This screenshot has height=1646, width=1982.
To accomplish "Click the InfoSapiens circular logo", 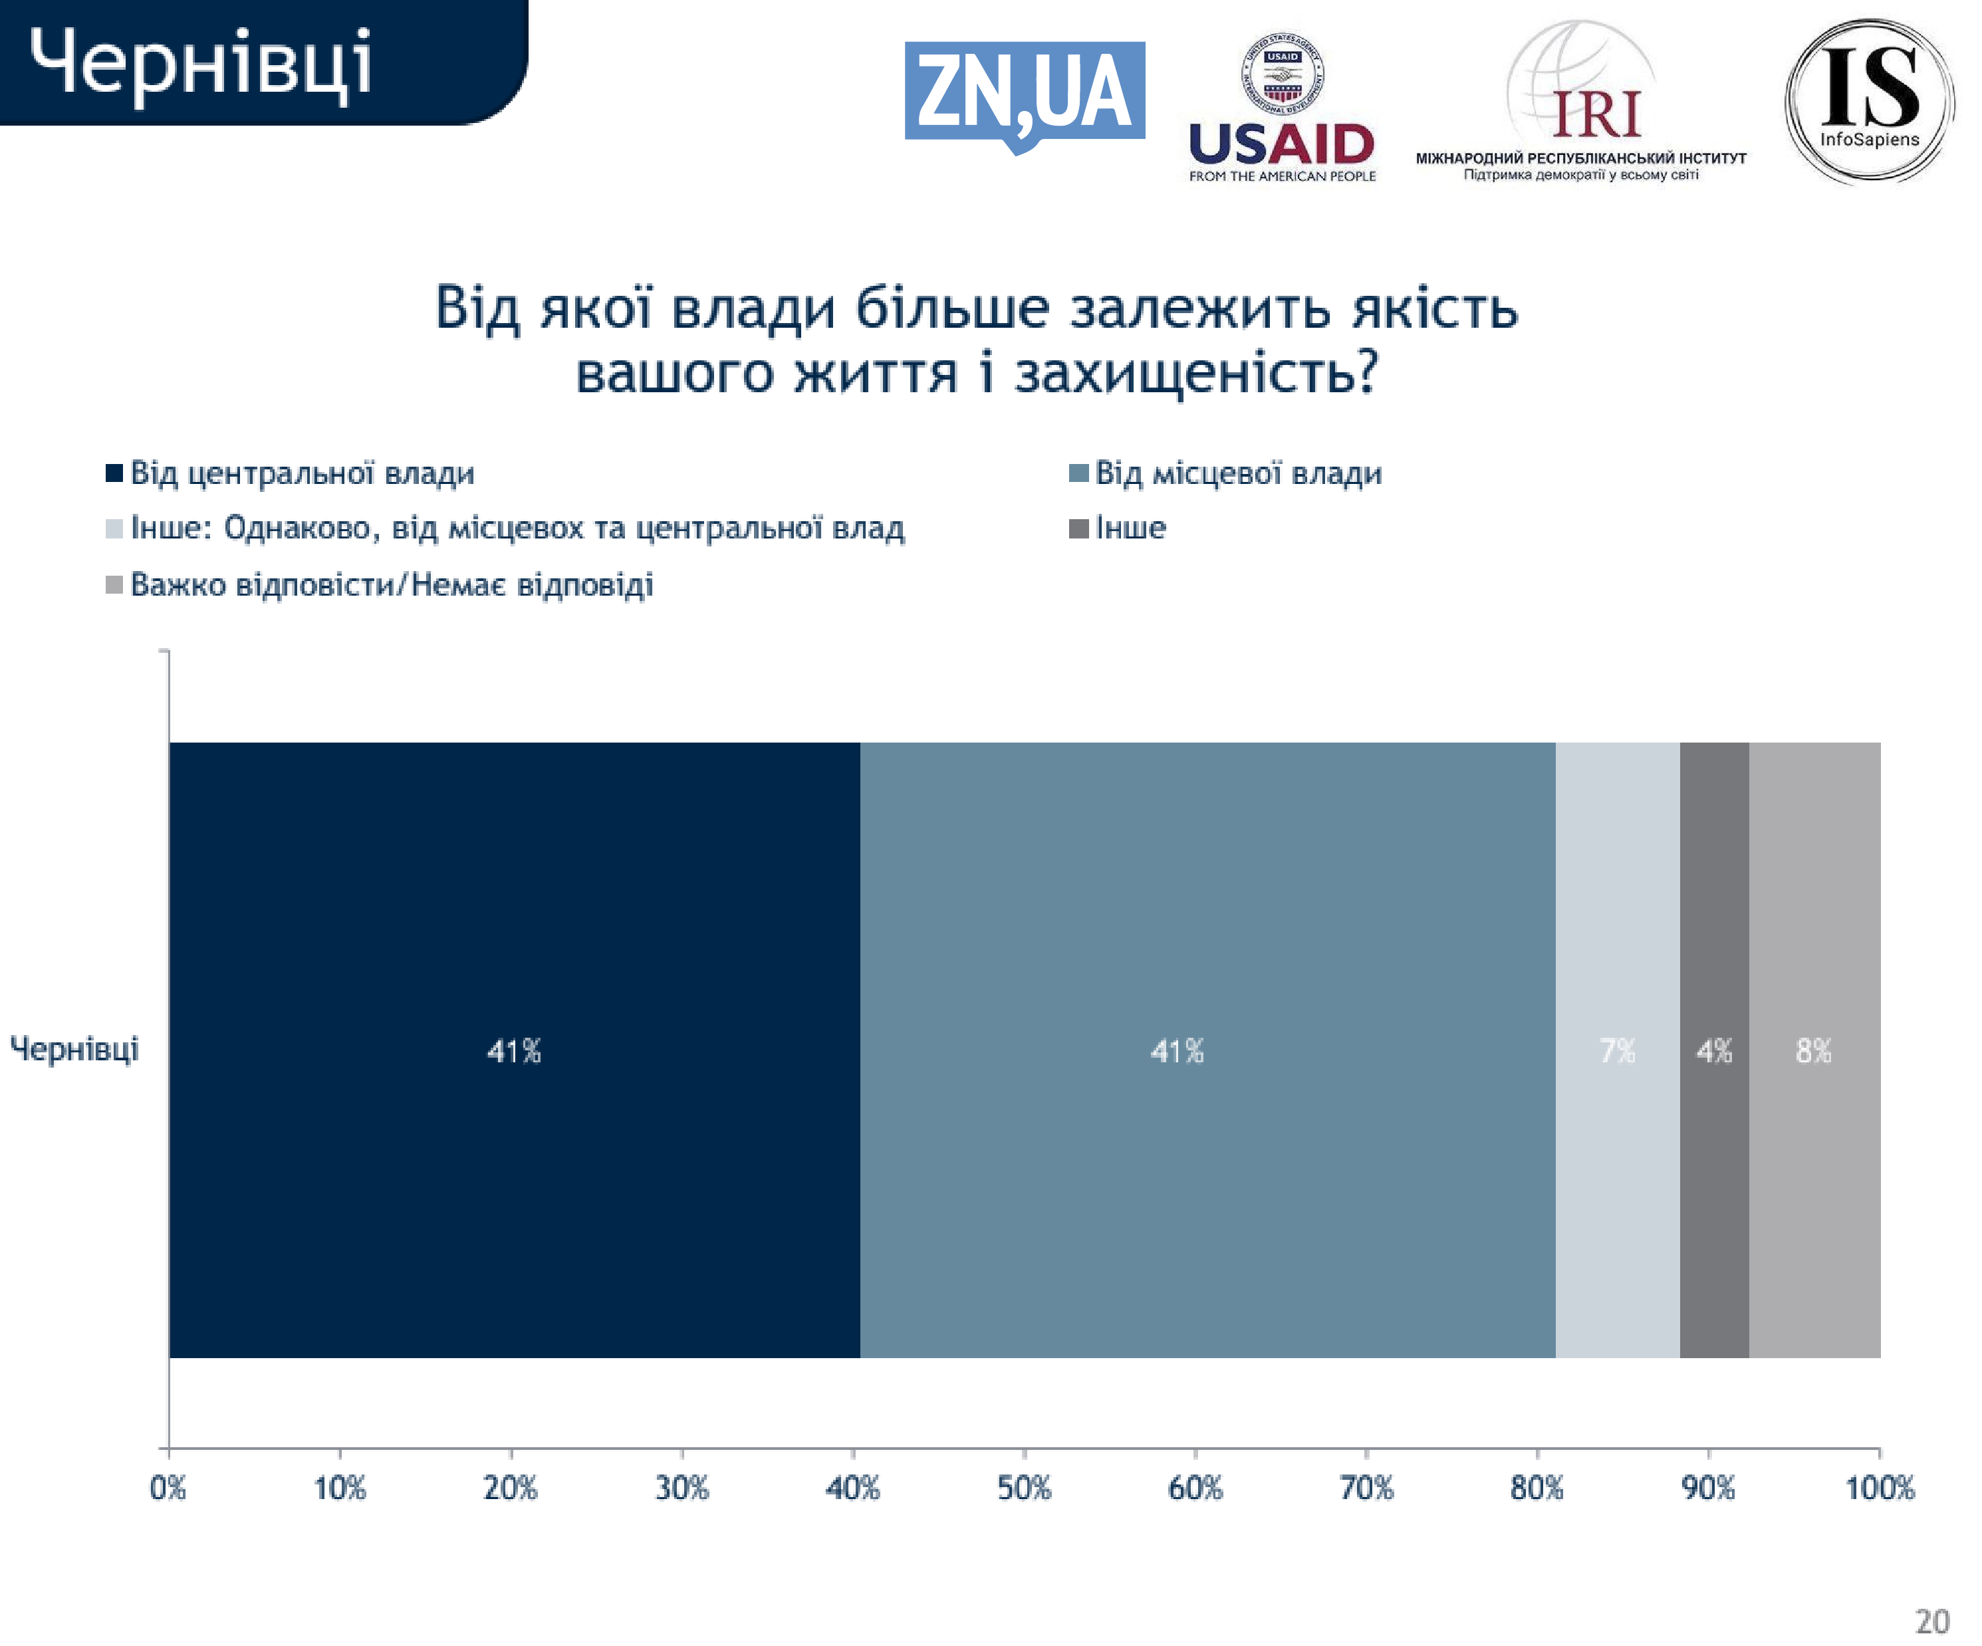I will click(1869, 101).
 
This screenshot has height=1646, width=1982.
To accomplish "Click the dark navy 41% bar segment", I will click(515, 1050).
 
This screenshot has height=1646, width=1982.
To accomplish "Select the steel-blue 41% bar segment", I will click(1208, 1050).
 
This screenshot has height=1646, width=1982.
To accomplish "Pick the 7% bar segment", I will click(1617, 1050).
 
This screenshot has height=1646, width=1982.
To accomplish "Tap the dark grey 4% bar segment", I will click(1714, 1050).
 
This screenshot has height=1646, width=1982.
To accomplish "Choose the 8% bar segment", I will click(1814, 1050).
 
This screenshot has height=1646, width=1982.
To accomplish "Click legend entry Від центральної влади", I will click(302, 473).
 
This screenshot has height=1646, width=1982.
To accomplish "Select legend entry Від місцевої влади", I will click(1237, 473).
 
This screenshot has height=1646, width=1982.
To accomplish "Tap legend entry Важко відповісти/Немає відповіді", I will click(391, 585).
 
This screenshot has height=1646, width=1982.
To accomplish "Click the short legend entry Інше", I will click(1130, 528).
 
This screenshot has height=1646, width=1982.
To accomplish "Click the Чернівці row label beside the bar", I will click(74, 1048).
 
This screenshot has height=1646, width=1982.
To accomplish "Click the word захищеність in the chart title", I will click(1196, 373).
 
